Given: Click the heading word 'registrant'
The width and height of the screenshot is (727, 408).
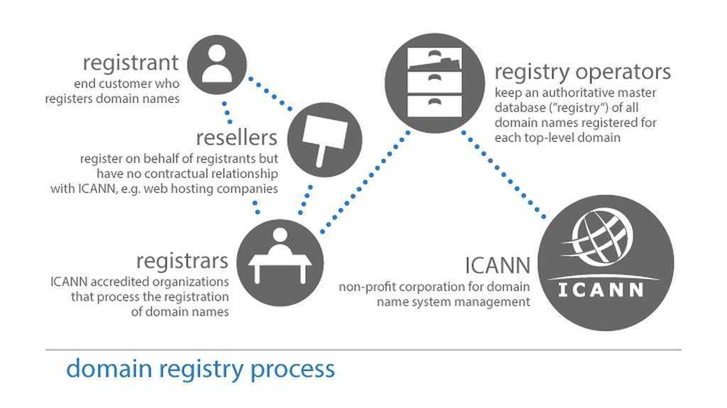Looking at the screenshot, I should tap(131, 62).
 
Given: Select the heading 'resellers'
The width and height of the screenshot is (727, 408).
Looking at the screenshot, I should tap(236, 136).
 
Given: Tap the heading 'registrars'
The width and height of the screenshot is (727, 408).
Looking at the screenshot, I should tap(182, 260).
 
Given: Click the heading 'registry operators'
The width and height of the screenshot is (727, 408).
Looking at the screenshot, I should tap(582, 72).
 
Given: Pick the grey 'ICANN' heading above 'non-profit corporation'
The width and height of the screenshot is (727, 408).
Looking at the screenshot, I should tap(497, 267).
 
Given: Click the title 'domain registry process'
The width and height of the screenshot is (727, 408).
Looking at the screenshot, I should tap(199, 369).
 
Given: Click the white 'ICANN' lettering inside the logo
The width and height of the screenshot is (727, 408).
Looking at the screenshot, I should tap(601, 290).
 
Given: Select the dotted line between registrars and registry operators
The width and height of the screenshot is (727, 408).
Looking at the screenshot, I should tap(365, 184).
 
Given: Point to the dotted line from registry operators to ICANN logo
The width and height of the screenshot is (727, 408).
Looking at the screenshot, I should tap(505, 175).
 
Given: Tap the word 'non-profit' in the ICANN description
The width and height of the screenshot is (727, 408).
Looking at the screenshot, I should tap(365, 287).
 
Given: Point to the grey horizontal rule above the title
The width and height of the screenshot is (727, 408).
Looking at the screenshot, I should tap(363, 350).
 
